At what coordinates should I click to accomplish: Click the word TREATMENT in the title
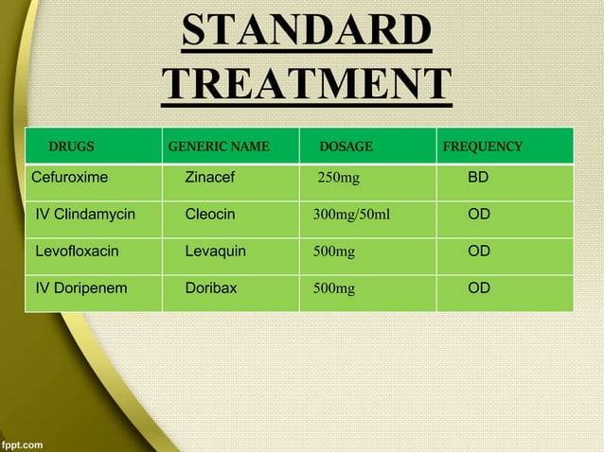306,84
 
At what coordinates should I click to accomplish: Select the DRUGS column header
72,147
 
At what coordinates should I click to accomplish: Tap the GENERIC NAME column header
219,147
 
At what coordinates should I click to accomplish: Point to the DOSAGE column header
346,147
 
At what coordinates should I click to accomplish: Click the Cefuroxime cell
70,177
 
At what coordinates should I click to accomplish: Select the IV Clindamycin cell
85,215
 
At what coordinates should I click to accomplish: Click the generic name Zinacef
210,177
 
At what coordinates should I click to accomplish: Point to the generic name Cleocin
210,215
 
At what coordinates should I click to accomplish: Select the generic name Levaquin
216,252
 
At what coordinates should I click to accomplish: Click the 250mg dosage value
338,178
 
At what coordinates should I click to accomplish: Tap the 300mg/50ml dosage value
351,215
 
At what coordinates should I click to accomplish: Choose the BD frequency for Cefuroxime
479,177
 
